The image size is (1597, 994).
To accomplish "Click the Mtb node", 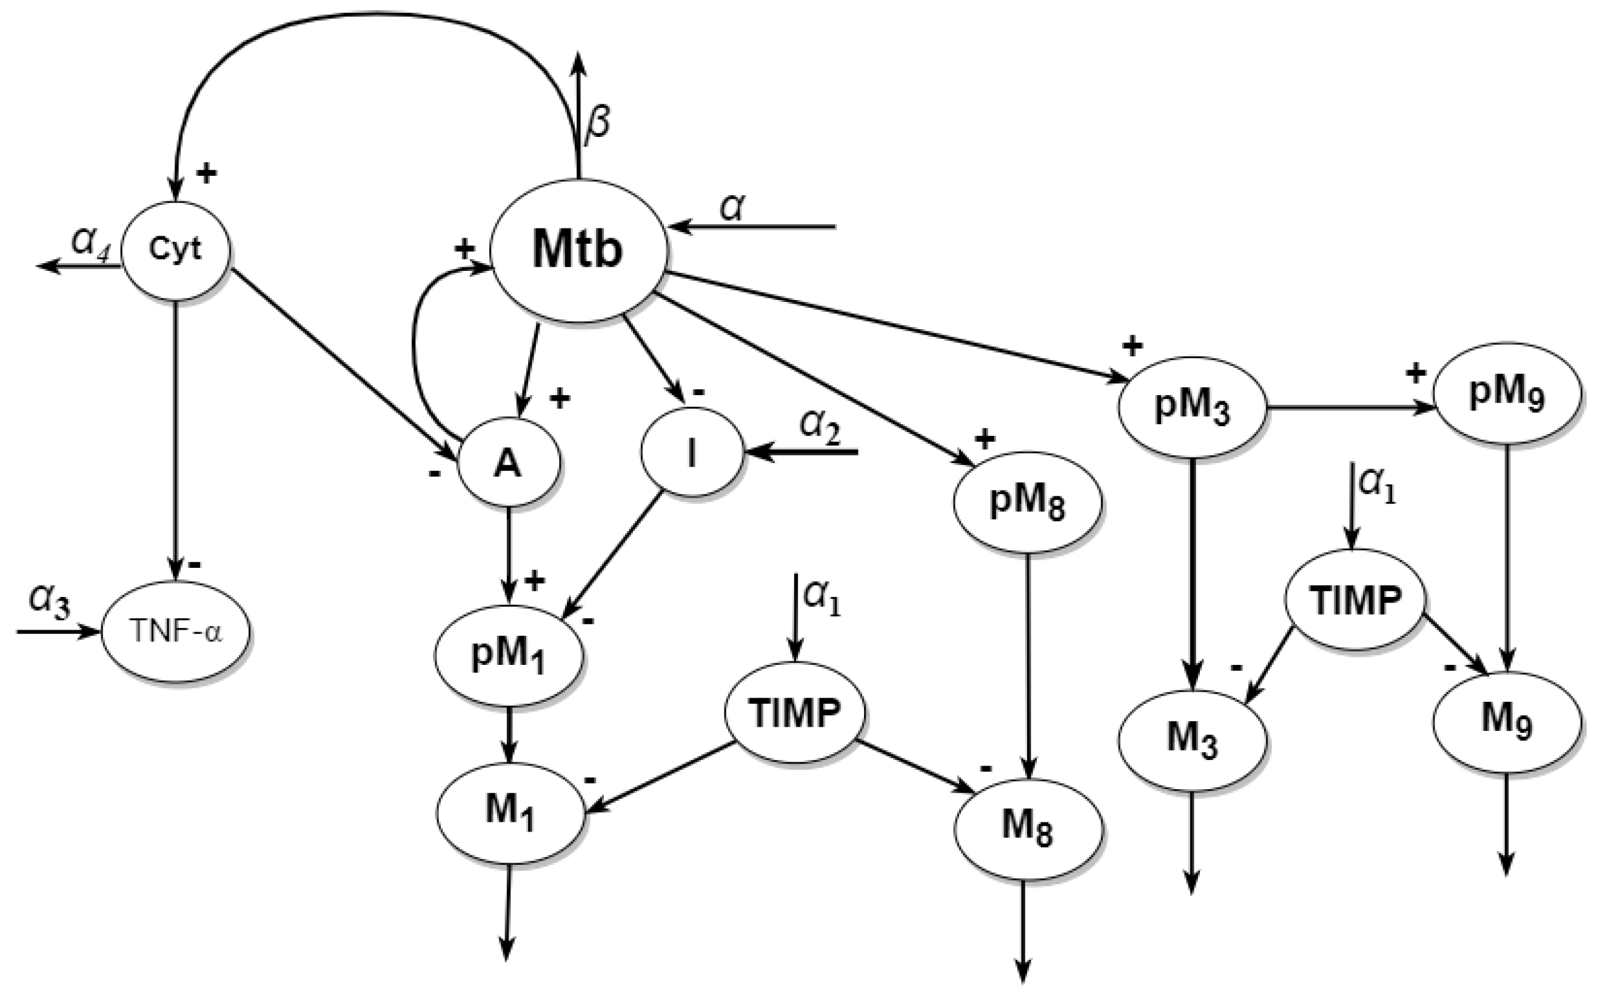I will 577,251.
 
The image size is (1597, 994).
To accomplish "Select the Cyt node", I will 176,250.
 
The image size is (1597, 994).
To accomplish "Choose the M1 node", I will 510,813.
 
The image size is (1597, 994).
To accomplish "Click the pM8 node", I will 1027,503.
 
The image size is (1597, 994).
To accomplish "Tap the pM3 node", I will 1191,407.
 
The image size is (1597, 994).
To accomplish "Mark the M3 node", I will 1191,739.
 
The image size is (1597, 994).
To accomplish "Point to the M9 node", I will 1506,721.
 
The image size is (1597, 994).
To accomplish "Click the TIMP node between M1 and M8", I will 794,712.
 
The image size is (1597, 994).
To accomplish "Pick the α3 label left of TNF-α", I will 49,601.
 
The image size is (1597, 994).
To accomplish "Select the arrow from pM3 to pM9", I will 1348,407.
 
